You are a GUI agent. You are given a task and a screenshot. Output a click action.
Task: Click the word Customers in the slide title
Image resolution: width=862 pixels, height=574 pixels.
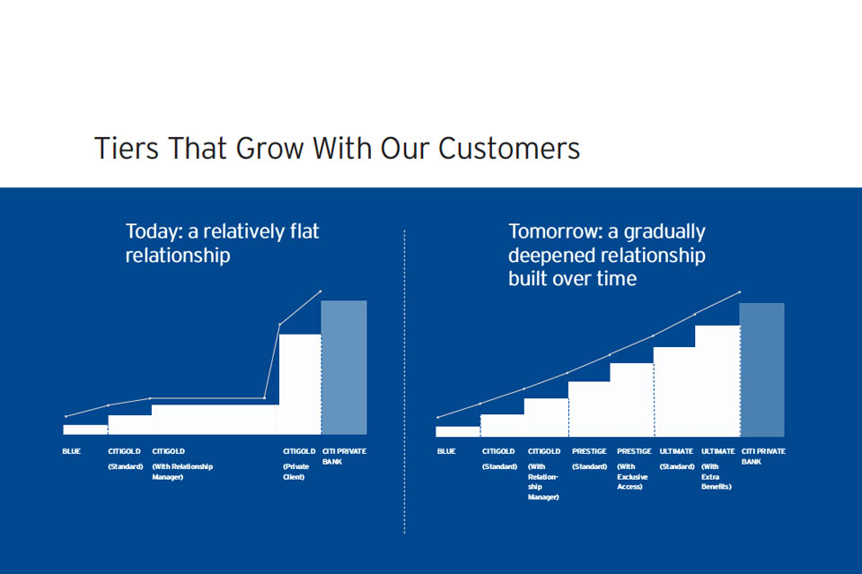[x=508, y=148]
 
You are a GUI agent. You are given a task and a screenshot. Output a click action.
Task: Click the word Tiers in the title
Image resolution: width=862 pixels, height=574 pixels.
[x=127, y=148]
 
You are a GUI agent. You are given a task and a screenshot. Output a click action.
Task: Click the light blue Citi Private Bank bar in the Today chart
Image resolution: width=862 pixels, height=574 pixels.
[x=344, y=368]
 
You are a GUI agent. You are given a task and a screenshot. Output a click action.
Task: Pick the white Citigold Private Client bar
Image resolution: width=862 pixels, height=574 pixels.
[x=300, y=385]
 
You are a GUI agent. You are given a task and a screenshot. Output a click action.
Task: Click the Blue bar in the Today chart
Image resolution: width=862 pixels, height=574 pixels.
[x=85, y=430]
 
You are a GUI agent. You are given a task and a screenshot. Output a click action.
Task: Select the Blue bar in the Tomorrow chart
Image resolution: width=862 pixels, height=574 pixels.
[x=458, y=431]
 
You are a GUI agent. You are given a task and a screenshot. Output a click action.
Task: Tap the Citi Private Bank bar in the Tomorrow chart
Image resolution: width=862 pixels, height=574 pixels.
[x=762, y=370]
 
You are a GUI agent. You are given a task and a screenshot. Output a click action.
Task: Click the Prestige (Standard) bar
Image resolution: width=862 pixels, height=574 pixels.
[x=589, y=409]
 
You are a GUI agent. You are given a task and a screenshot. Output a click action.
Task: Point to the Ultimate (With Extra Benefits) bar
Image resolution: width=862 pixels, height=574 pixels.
[x=717, y=381]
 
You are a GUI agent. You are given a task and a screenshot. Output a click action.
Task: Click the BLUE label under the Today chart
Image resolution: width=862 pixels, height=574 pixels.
[x=72, y=451]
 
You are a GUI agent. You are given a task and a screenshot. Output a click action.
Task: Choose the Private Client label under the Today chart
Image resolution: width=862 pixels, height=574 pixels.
[x=296, y=471]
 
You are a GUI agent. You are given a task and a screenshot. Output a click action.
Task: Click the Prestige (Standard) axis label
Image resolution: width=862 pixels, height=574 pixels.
[x=589, y=458]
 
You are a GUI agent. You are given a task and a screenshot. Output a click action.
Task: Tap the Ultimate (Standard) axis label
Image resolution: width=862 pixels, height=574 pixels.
[x=677, y=458]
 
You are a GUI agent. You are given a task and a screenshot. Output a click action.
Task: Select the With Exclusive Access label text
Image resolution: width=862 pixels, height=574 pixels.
[x=632, y=477]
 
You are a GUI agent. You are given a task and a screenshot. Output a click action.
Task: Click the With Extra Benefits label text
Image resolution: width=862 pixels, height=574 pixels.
[x=717, y=477]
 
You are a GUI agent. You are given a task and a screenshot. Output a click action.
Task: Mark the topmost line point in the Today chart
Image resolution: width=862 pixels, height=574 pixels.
[x=321, y=291]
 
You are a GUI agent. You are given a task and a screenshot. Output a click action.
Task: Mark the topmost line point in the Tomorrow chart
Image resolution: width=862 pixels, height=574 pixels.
[x=739, y=292]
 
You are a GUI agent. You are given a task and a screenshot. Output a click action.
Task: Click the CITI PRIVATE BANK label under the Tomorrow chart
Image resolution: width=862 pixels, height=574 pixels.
[x=763, y=457]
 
